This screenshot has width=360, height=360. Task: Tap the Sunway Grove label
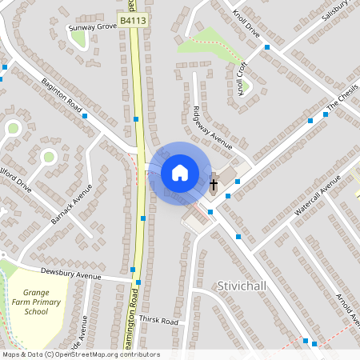click(x=94, y=26)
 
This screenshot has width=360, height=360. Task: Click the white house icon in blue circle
click(x=179, y=172)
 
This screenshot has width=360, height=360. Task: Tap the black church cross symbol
click(x=214, y=185)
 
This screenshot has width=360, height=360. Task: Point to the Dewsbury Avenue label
click(x=70, y=273)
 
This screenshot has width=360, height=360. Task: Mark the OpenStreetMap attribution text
click(x=81, y=354)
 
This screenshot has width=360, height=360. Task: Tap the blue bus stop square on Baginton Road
click(x=84, y=116)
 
